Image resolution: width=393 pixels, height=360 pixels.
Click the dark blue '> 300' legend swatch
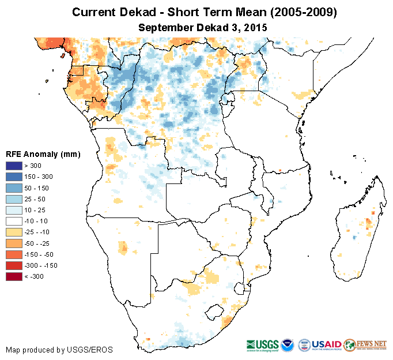coord(14,166)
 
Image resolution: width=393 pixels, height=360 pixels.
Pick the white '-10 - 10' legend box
coord(14,222)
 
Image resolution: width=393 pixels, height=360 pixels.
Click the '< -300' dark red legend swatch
coord(14,277)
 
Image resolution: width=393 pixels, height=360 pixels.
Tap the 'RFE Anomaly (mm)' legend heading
coord(43,154)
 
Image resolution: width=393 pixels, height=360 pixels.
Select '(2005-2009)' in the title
coord(300,12)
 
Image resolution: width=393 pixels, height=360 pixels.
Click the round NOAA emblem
coord(289,344)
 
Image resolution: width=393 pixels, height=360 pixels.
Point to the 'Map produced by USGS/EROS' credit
coord(59,350)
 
